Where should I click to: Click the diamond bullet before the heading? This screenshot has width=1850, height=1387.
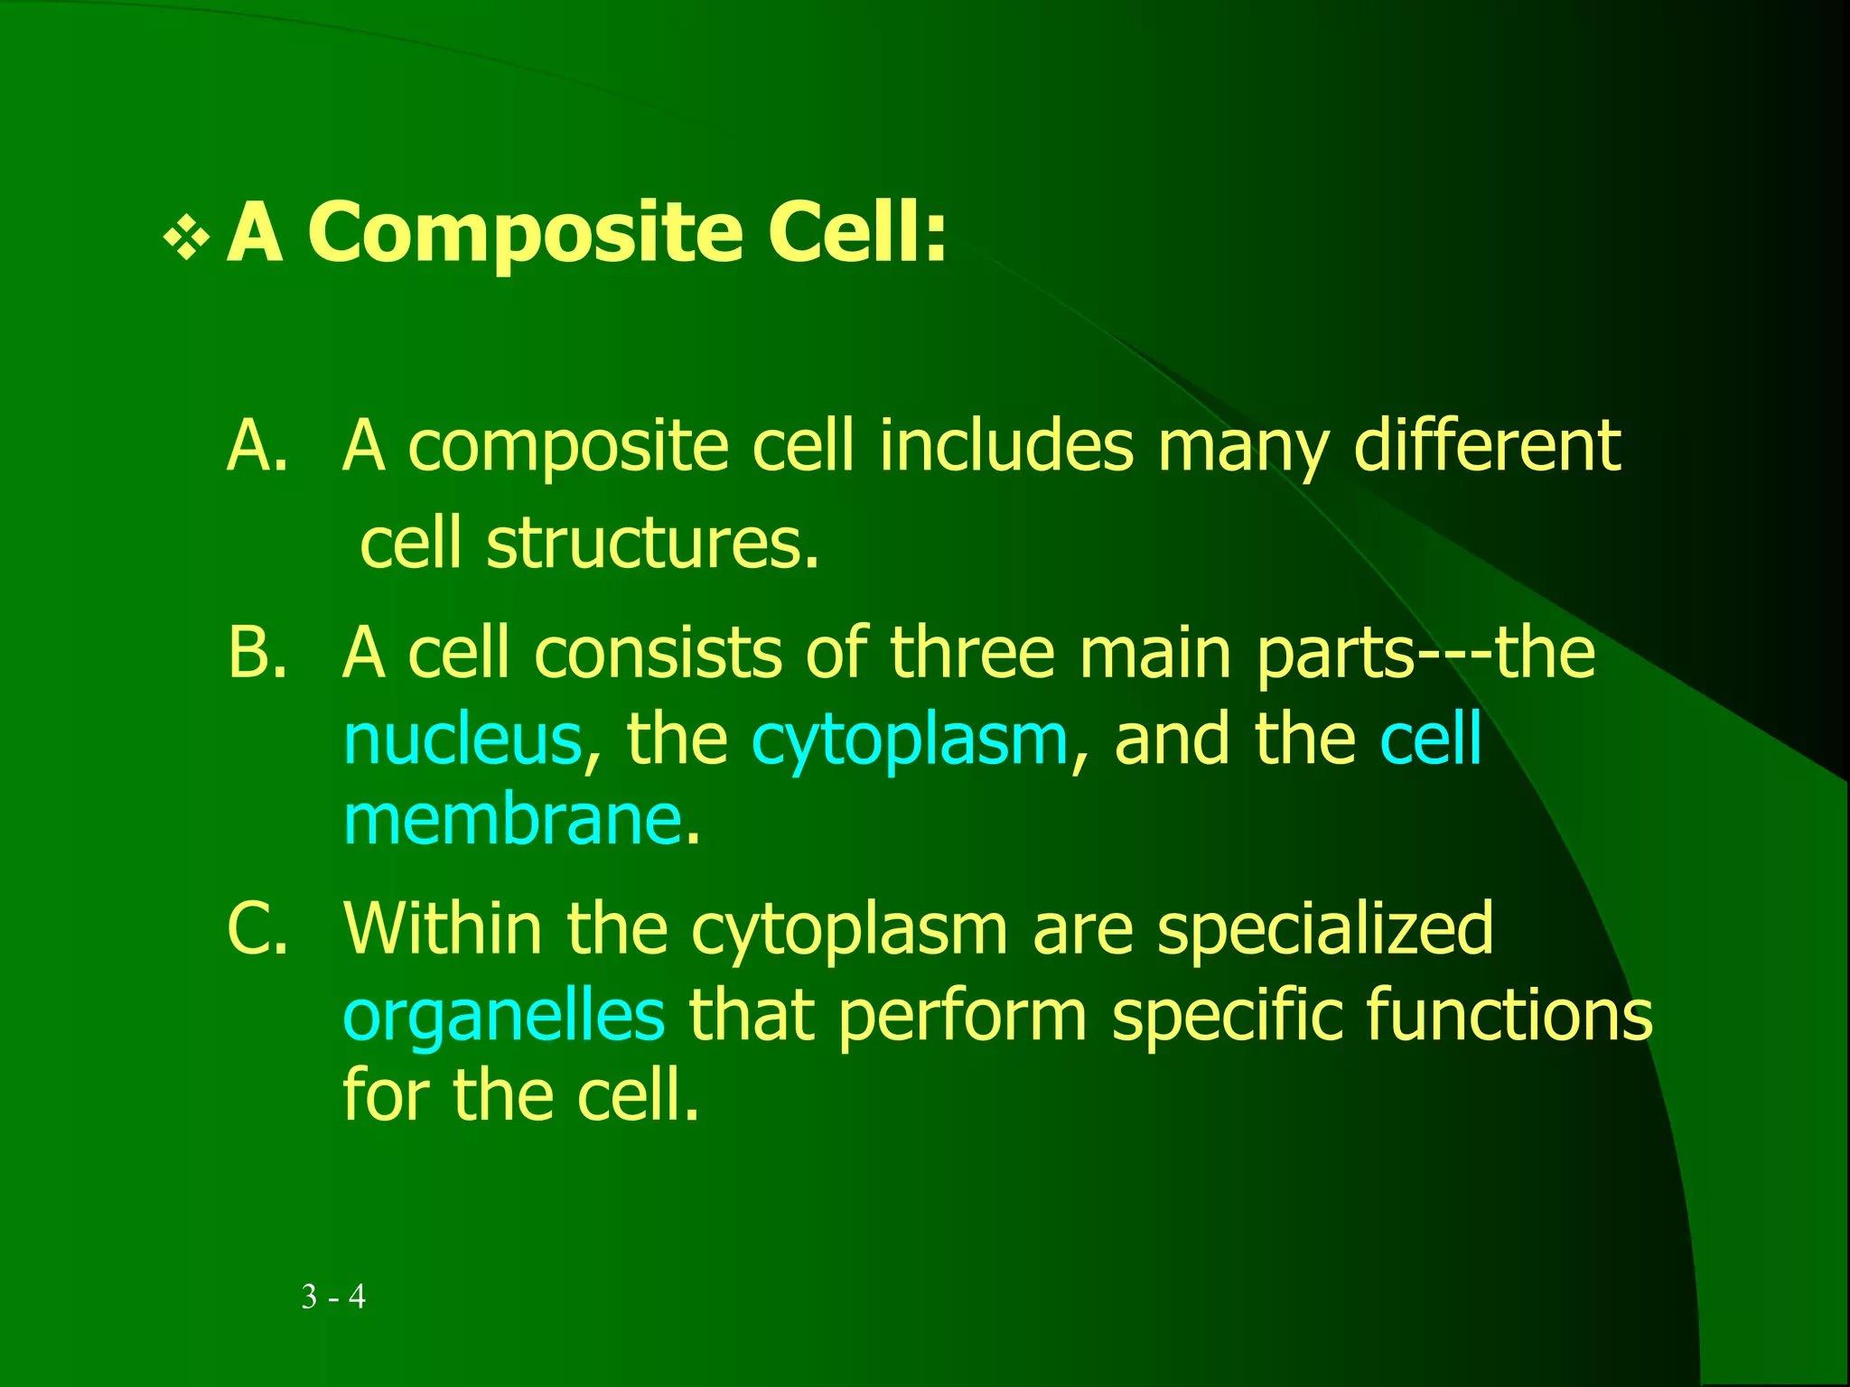point(186,238)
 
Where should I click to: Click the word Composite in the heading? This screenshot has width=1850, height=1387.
point(526,233)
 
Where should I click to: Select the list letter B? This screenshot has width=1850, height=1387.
point(257,652)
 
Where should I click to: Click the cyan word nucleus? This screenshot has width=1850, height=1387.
point(462,740)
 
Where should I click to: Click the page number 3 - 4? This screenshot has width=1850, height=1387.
point(333,1297)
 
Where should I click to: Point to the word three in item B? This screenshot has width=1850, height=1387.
point(972,652)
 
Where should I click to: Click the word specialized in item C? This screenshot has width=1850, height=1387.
point(1325,930)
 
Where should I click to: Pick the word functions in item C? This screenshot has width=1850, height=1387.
point(1509,1015)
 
